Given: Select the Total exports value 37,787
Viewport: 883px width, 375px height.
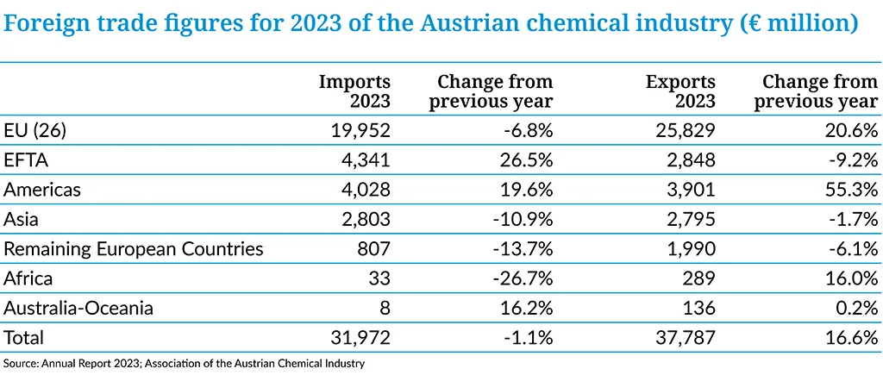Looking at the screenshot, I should [681, 338].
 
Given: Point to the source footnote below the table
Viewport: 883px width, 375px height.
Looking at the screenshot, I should [185, 363].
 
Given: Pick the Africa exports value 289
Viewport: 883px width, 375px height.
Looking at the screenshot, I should [698, 278].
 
